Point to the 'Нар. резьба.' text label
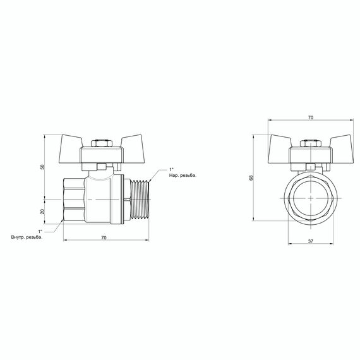tap(184, 176)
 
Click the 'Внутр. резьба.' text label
tap(27, 237)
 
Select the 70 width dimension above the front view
tap(310, 118)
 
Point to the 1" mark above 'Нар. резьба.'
tap(171, 169)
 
